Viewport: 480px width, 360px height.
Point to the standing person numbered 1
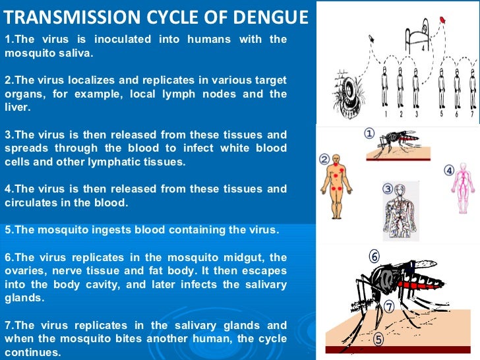pos(384,89)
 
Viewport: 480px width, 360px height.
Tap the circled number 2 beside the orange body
pos(324,160)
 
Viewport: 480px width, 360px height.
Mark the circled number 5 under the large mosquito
pos(378,340)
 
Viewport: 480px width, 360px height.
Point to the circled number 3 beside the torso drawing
pos(387,189)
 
